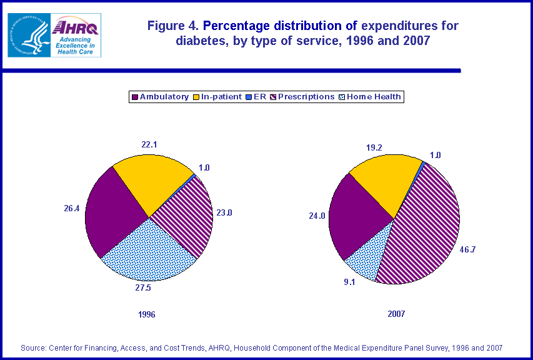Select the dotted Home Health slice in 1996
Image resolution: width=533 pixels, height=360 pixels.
pos(147,250)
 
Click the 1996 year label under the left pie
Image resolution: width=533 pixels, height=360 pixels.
pos(146,314)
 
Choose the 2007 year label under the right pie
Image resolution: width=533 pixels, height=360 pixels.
pos(396,314)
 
